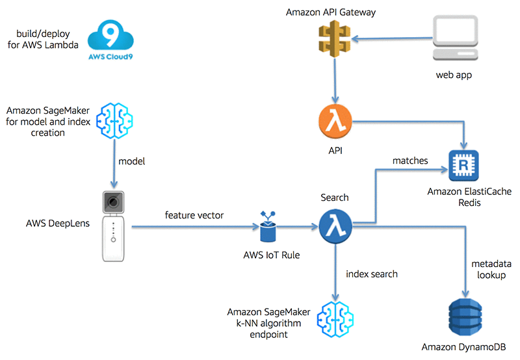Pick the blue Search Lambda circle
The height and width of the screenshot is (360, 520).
(335, 227)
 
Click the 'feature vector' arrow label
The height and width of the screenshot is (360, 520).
(195, 214)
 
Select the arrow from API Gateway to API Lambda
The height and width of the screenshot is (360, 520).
(334, 84)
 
